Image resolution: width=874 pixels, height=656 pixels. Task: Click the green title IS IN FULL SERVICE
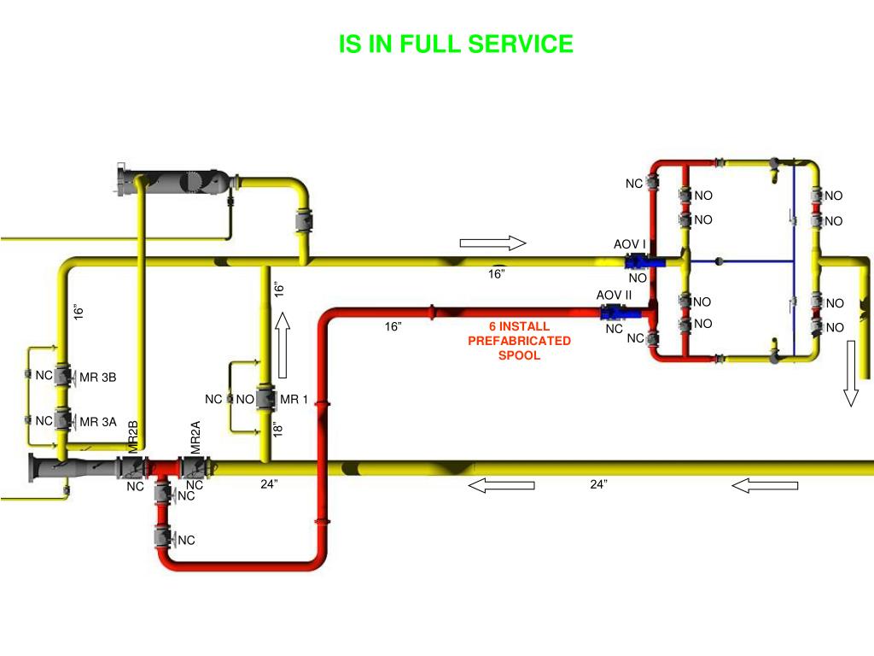coord(456,44)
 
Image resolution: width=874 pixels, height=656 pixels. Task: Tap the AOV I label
coord(629,245)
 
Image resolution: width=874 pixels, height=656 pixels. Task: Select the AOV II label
coord(614,296)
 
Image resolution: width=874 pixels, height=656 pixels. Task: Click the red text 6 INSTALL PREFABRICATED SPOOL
coord(519,341)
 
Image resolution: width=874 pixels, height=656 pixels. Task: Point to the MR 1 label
coord(294,399)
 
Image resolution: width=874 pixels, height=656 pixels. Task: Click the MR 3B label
coord(97,377)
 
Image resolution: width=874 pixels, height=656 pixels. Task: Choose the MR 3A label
coord(97,421)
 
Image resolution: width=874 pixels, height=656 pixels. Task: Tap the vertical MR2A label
coord(195,437)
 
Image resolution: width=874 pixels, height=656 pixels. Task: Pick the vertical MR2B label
coord(133,437)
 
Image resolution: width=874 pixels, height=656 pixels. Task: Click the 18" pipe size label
coord(277,429)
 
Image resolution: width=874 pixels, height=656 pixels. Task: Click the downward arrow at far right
coord(851,373)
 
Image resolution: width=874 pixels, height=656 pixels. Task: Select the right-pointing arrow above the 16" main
coord(492,243)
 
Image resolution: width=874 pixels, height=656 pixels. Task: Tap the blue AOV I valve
coord(638,261)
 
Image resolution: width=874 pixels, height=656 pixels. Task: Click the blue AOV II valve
coord(615,313)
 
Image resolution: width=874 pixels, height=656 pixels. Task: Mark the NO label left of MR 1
coord(245,399)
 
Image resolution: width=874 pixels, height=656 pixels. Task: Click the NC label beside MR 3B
coord(44,375)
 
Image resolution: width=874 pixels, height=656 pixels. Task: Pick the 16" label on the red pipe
coord(393,326)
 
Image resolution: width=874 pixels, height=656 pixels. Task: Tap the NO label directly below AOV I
coord(638,278)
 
